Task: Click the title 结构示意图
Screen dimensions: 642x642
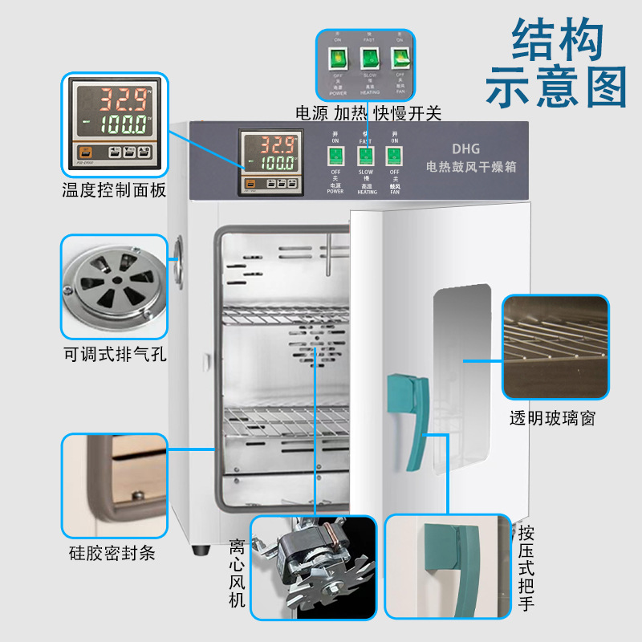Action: [x=556, y=64]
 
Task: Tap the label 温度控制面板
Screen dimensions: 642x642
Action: [x=114, y=190]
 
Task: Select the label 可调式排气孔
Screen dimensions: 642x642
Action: [x=114, y=354]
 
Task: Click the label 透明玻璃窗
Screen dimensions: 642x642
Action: [x=552, y=418]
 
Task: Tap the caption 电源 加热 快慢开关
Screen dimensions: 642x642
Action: [x=368, y=113]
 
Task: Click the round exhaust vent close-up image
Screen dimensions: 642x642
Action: [x=114, y=286]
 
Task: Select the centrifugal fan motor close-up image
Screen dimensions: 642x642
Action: [x=313, y=567]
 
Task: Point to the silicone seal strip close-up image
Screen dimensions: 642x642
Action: [x=114, y=486]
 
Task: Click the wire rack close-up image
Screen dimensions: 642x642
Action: [x=555, y=347]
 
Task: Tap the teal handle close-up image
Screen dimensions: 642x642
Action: [x=447, y=567]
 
